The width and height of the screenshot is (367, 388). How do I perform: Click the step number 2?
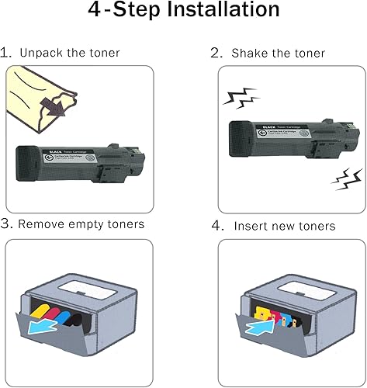tap(216, 54)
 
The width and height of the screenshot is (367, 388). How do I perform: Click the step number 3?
tap(6, 225)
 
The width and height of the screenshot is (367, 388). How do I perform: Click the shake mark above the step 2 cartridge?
tap(237, 98)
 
